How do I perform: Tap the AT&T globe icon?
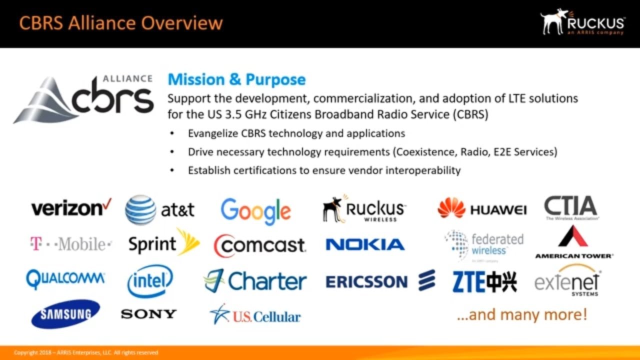click(x=140, y=210)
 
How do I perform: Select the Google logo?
click(x=255, y=211)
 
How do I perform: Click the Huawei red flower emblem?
click(x=451, y=208)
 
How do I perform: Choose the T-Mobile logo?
click(x=70, y=244)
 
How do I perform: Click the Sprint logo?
click(x=163, y=243)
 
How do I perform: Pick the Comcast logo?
click(x=259, y=245)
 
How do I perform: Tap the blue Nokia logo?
click(x=365, y=244)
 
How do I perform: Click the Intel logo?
click(x=150, y=281)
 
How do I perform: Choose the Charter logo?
click(x=255, y=281)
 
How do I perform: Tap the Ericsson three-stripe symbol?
click(x=426, y=280)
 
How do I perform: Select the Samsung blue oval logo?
click(x=65, y=314)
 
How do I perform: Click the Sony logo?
click(x=148, y=314)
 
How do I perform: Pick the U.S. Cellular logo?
click(x=255, y=315)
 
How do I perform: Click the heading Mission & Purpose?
click(x=236, y=79)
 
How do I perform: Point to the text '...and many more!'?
click(x=521, y=315)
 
